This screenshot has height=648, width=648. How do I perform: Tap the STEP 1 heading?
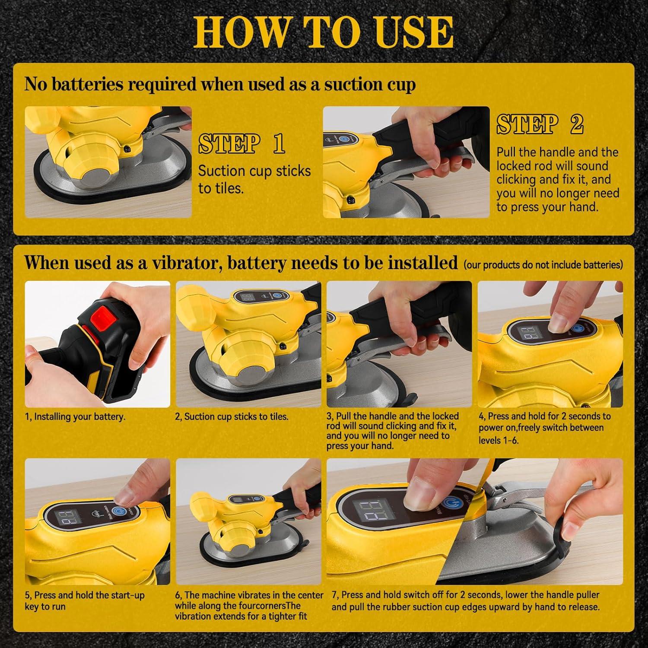(x=241, y=144)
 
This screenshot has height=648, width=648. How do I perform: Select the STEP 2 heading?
(x=540, y=124)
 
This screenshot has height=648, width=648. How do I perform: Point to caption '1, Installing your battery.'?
(x=75, y=417)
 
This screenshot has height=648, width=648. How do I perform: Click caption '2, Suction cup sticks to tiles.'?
(x=232, y=417)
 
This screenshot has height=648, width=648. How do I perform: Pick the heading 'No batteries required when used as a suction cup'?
(x=220, y=84)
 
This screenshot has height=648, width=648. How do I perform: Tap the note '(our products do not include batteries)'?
(x=543, y=264)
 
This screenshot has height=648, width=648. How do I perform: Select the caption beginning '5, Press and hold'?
(x=85, y=600)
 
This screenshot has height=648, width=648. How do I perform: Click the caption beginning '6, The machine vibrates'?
(x=249, y=606)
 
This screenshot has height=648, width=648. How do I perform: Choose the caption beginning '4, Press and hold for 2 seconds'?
(x=544, y=428)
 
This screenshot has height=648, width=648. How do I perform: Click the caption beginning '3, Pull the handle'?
(x=392, y=431)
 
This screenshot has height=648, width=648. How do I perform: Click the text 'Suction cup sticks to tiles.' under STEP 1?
(x=254, y=179)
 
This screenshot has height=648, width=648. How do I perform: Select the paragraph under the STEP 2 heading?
(x=558, y=180)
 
